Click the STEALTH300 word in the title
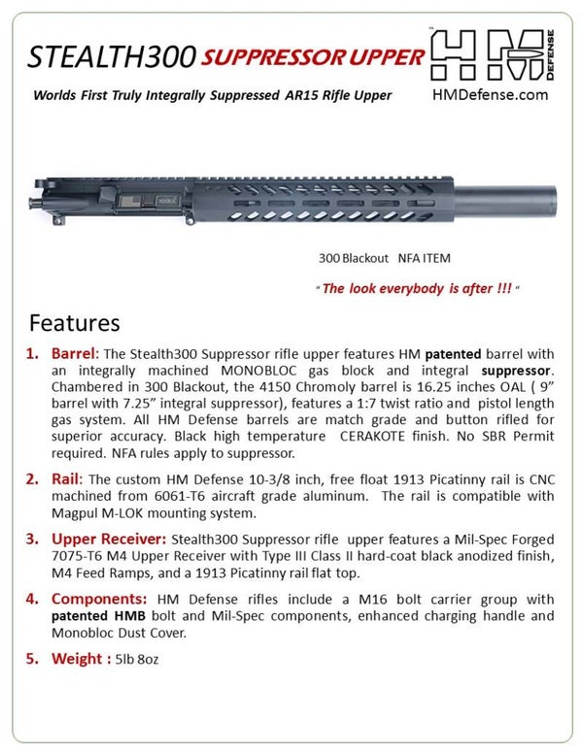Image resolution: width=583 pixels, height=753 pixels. pyautogui.click(x=109, y=57)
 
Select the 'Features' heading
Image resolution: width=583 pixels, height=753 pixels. pyautogui.click(x=74, y=321)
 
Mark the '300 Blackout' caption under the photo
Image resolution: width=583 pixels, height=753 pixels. pyautogui.click(x=354, y=259)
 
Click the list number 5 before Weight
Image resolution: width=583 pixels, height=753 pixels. pyautogui.click(x=31, y=659)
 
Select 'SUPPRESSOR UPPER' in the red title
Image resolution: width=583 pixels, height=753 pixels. pyautogui.click(x=314, y=57)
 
